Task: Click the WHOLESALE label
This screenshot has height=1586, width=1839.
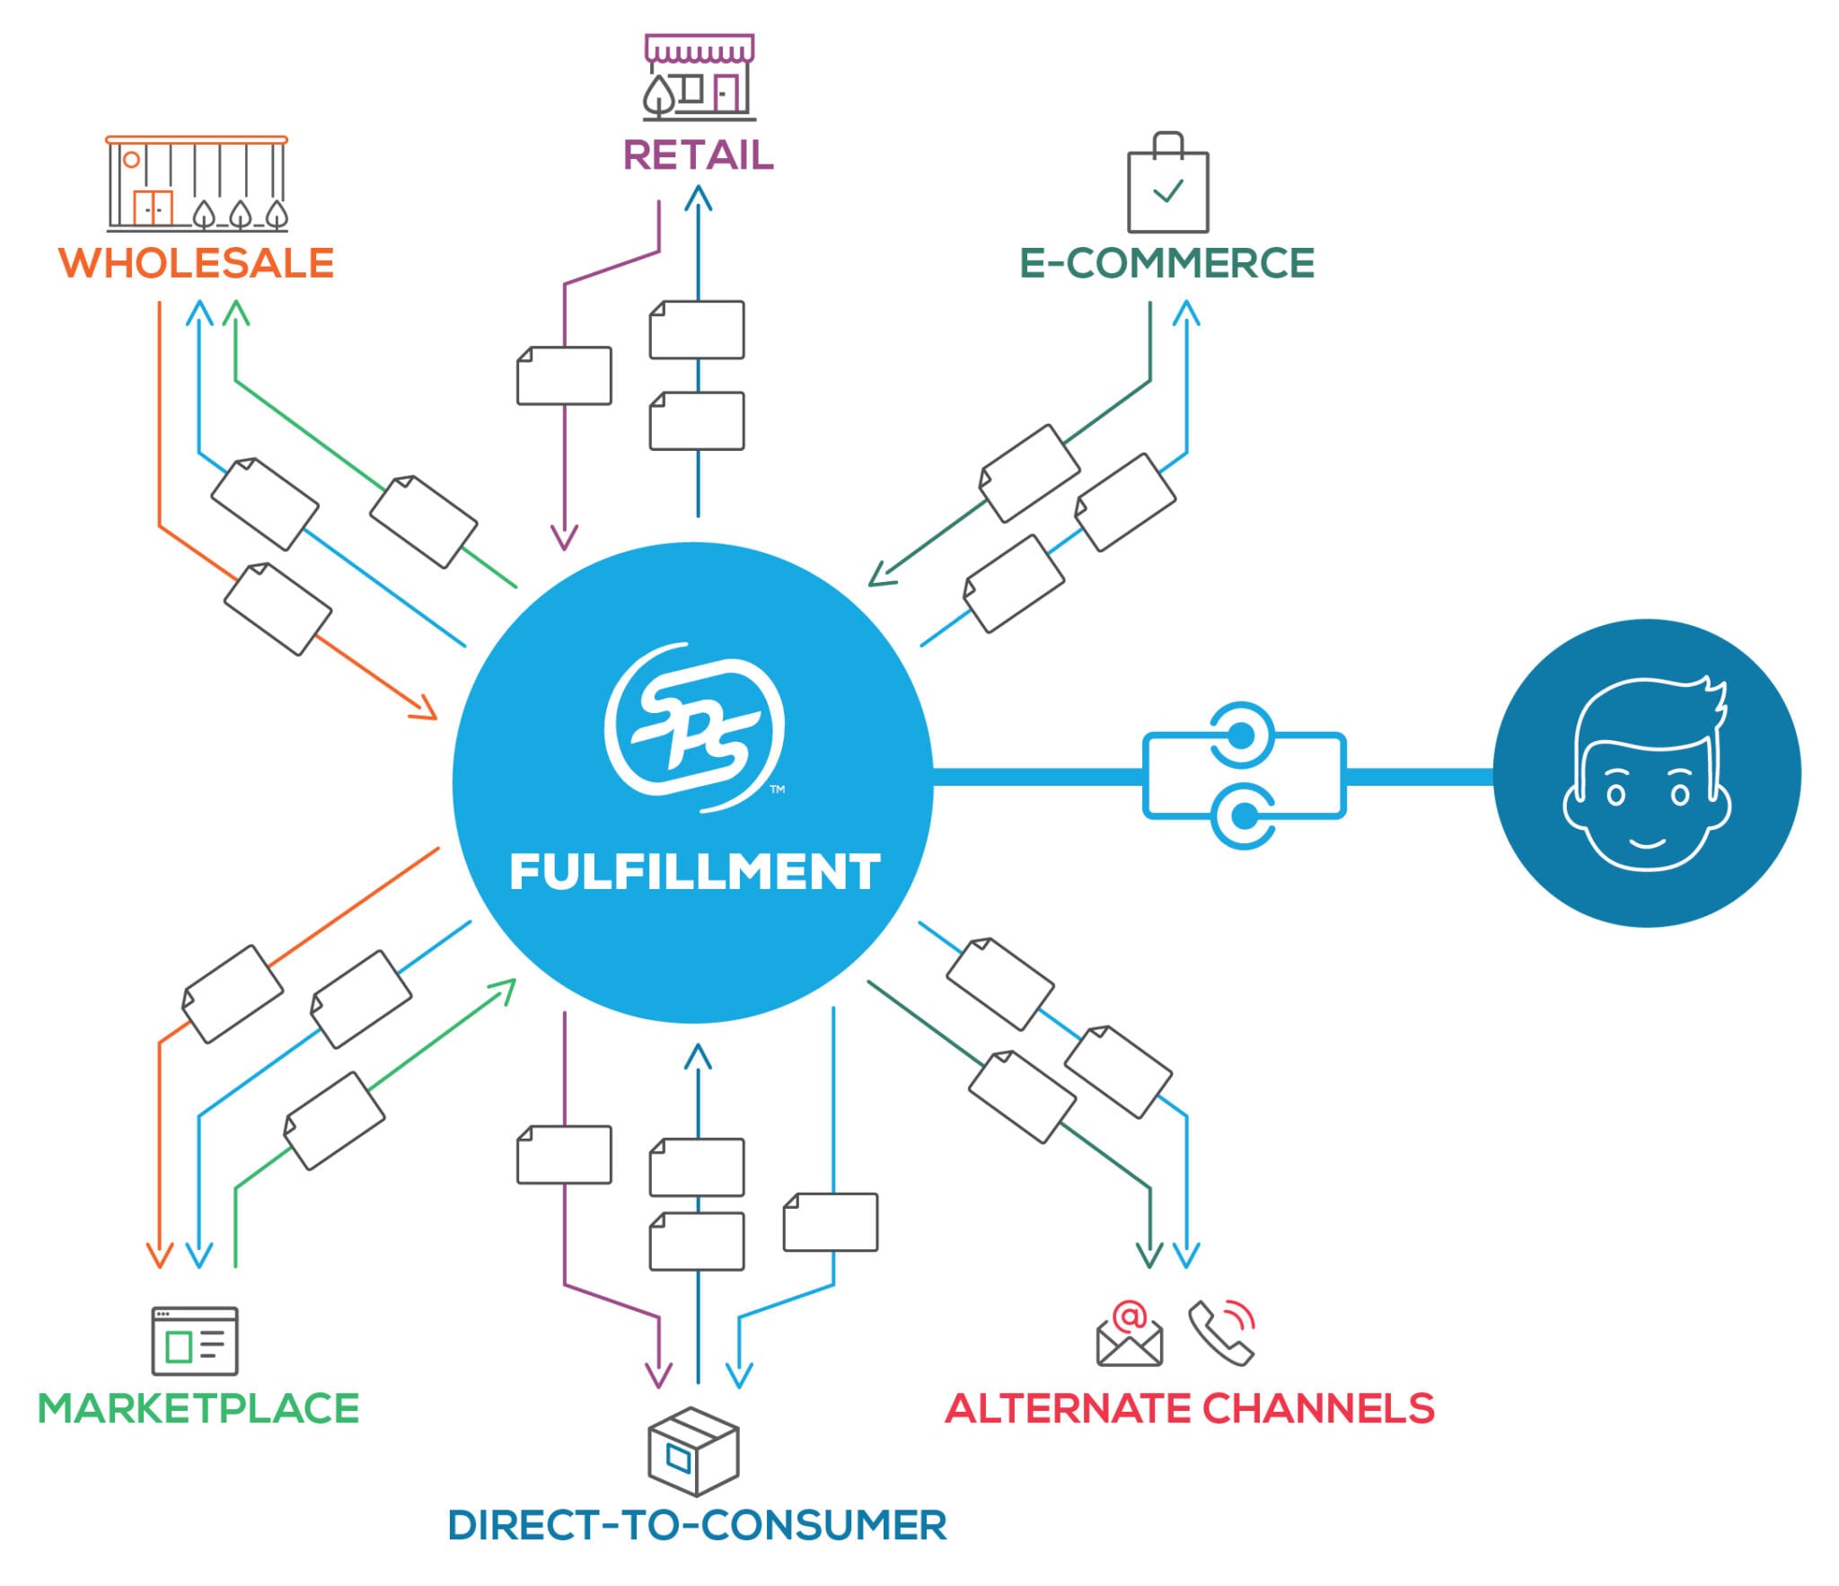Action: (x=196, y=263)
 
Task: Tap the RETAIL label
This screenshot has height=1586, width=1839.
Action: (x=698, y=154)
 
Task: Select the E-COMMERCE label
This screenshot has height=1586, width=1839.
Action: (x=1166, y=263)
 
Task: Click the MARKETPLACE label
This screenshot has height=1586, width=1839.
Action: (x=198, y=1408)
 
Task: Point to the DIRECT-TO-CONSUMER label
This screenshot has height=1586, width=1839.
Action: (x=697, y=1525)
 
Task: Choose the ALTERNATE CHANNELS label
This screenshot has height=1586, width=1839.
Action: (x=1189, y=1408)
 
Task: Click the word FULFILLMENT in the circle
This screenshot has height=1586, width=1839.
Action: (x=694, y=871)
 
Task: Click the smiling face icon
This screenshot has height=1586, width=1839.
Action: (x=1647, y=772)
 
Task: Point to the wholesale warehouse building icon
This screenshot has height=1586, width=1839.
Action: (x=197, y=184)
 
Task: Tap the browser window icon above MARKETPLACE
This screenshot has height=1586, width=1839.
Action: (x=195, y=1341)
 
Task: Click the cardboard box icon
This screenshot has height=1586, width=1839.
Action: (x=693, y=1452)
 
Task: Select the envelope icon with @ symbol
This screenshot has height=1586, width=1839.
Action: (x=1130, y=1335)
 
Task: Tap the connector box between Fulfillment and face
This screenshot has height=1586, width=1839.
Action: (x=1244, y=775)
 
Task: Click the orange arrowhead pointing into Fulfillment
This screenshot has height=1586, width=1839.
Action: (x=425, y=707)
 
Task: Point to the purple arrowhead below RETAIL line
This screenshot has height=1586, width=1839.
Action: (x=564, y=537)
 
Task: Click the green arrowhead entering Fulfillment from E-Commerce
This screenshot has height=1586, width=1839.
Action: (x=882, y=573)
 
